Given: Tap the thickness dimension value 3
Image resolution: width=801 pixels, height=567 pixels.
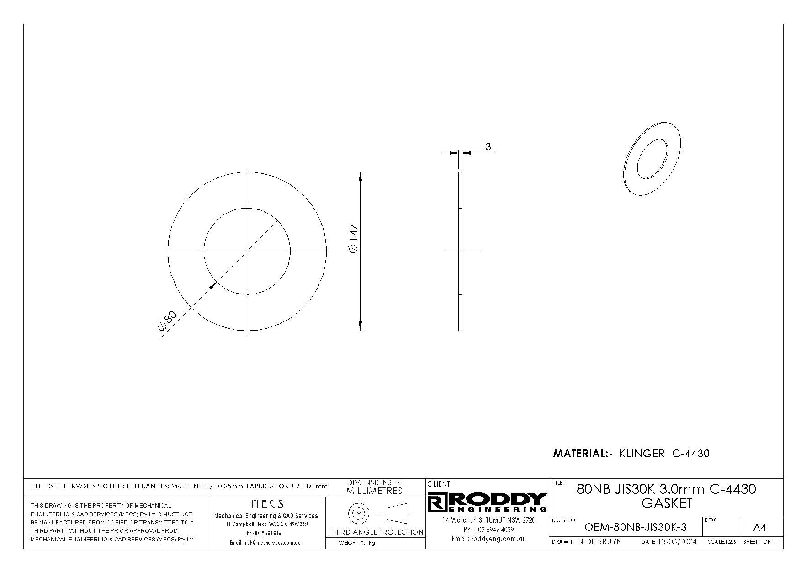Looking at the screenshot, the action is pyautogui.click(x=488, y=147).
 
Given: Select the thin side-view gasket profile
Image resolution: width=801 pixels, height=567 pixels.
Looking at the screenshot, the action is pyautogui.click(x=460, y=251).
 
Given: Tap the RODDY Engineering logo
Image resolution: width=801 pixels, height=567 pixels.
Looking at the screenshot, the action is pyautogui.click(x=487, y=503).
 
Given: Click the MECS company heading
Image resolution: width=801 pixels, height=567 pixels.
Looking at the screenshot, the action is pyautogui.click(x=267, y=504).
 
